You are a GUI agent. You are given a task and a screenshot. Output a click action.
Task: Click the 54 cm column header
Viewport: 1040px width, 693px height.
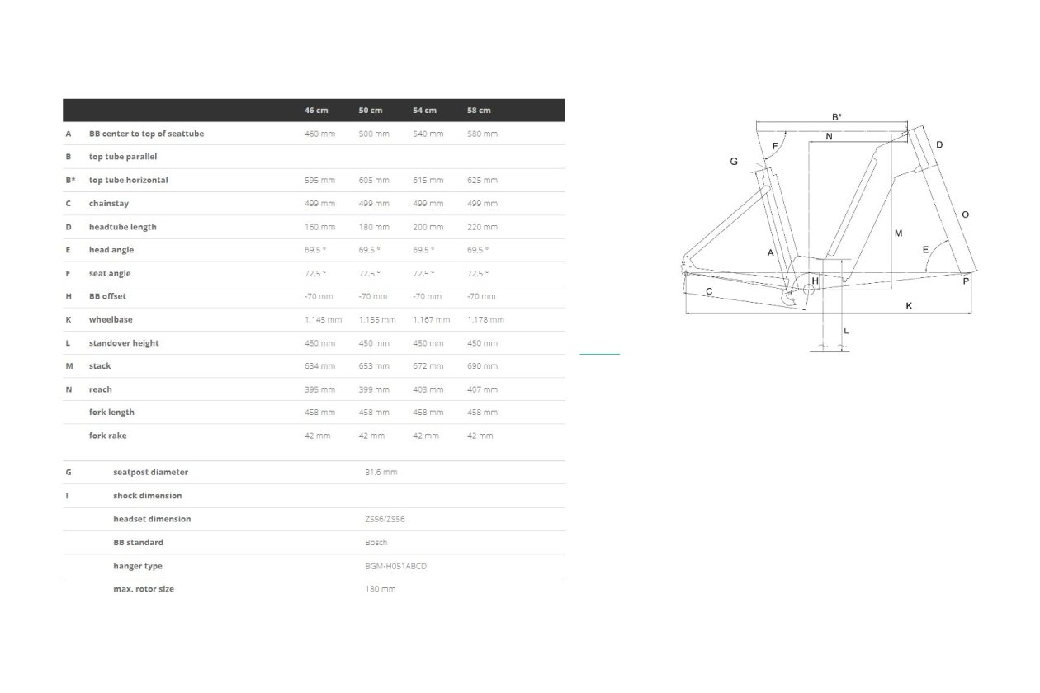(424, 111)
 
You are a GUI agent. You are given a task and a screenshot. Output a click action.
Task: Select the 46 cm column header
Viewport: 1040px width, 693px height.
(316, 111)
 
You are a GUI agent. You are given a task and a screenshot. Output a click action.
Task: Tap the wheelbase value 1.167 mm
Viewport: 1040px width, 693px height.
(432, 320)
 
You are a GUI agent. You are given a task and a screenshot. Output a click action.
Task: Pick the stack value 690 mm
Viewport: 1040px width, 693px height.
(482, 366)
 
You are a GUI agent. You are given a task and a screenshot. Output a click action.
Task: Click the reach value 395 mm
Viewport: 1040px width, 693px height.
(319, 389)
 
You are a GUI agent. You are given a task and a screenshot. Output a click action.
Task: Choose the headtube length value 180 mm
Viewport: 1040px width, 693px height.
(374, 227)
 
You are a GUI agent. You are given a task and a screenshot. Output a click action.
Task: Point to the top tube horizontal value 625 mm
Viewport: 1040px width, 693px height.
(482, 180)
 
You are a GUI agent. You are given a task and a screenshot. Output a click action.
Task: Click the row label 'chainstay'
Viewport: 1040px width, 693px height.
(109, 204)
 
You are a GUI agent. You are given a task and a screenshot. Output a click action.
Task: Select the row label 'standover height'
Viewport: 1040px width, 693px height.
(124, 343)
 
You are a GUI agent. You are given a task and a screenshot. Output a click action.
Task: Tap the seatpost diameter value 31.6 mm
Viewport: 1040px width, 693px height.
(381, 473)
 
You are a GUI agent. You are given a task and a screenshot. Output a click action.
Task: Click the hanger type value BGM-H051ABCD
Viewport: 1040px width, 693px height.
(395, 566)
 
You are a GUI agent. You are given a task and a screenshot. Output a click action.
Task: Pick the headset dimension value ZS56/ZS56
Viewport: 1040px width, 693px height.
(385, 520)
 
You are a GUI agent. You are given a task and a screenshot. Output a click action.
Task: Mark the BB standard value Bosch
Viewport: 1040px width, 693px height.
(376, 543)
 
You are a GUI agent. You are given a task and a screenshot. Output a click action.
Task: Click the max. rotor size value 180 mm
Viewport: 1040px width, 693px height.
(380, 589)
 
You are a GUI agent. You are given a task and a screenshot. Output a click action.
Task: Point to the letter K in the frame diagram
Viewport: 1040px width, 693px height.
(909, 306)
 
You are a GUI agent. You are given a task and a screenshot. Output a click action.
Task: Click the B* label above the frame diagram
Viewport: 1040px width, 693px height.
(837, 117)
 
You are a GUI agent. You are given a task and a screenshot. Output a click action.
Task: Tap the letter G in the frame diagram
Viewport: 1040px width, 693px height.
(734, 162)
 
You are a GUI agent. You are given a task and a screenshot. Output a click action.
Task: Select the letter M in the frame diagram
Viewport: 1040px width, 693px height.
(898, 233)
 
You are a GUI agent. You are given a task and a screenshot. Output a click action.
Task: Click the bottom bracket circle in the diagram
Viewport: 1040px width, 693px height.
(808, 290)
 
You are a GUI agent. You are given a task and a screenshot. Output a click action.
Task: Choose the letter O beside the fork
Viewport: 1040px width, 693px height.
(965, 214)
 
